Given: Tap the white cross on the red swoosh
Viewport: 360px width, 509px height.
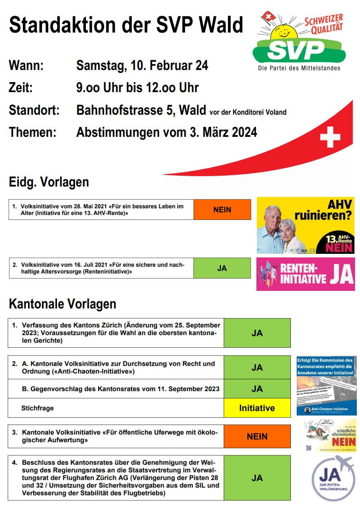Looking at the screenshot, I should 330,136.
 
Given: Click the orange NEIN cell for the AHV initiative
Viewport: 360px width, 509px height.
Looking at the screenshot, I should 222,210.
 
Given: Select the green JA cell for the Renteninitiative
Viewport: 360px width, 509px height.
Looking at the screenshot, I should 222,268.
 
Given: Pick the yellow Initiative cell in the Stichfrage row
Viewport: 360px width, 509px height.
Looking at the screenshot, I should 257,408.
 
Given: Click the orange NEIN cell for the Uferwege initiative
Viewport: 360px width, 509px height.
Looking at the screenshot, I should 257,436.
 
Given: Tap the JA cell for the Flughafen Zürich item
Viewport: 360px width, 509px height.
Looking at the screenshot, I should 257,478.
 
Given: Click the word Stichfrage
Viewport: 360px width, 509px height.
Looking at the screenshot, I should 38,408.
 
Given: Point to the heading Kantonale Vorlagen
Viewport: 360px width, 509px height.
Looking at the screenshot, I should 62,304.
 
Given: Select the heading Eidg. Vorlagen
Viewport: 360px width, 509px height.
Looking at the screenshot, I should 49,182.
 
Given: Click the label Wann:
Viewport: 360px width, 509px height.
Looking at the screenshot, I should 26,65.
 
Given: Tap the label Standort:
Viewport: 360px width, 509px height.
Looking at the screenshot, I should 34,110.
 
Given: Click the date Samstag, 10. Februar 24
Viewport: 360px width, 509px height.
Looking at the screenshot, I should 142,65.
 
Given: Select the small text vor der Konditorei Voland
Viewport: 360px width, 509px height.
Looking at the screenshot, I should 248,112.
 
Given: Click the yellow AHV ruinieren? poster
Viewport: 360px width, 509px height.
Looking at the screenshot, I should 305,225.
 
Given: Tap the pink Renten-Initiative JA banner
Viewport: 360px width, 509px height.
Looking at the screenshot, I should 305,274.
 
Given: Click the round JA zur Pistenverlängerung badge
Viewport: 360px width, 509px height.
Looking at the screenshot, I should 333,477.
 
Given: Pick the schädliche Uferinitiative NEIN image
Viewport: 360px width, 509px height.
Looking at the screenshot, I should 330,434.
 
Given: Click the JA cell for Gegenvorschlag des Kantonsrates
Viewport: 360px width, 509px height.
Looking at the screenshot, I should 257,389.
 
